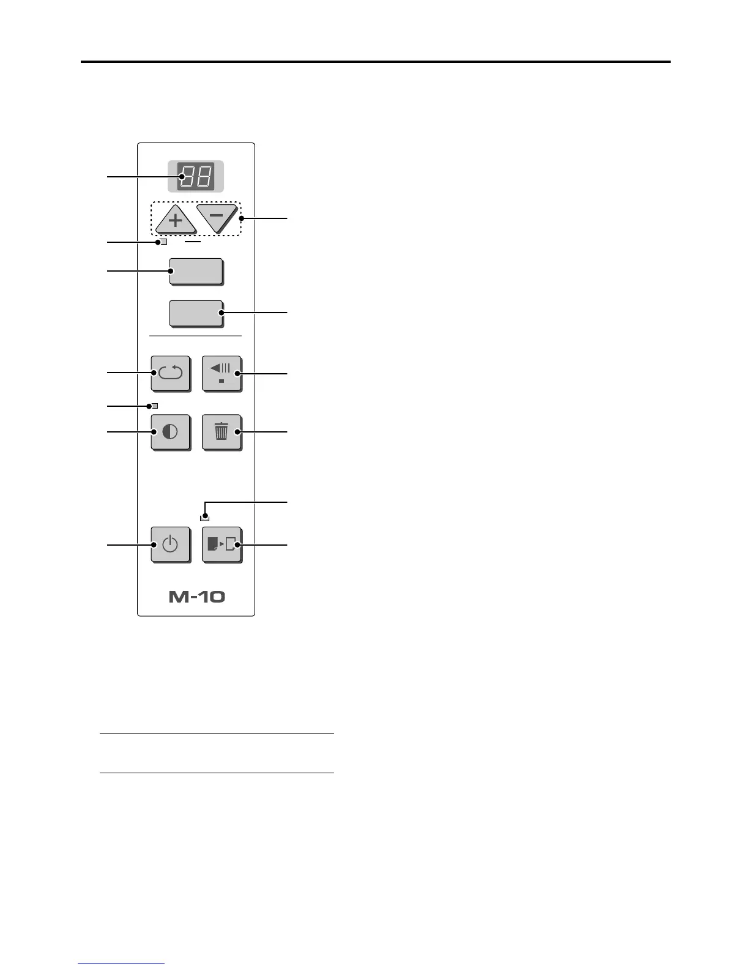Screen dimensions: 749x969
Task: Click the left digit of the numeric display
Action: [x=187, y=177]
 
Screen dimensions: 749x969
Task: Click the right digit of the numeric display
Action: [x=204, y=177]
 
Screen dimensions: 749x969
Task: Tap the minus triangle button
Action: [x=216, y=217]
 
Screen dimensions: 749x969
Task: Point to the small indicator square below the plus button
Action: [x=163, y=242]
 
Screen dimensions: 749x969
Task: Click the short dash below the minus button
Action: [x=193, y=242]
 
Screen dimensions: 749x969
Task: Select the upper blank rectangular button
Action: [x=196, y=271]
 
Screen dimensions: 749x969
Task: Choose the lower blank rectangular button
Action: [x=196, y=313]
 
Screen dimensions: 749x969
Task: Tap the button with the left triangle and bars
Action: [x=221, y=373]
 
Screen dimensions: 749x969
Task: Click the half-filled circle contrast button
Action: [x=170, y=432]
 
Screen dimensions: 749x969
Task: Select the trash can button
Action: [x=221, y=432]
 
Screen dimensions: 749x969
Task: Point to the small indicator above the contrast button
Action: [x=155, y=406]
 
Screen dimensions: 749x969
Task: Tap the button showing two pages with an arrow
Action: [x=222, y=544]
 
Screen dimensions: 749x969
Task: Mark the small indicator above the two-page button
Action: [x=204, y=518]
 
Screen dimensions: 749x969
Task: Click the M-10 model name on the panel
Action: [x=196, y=596]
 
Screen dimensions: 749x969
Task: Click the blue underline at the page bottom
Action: [x=121, y=964]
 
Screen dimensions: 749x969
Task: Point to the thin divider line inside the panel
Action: [x=196, y=336]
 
